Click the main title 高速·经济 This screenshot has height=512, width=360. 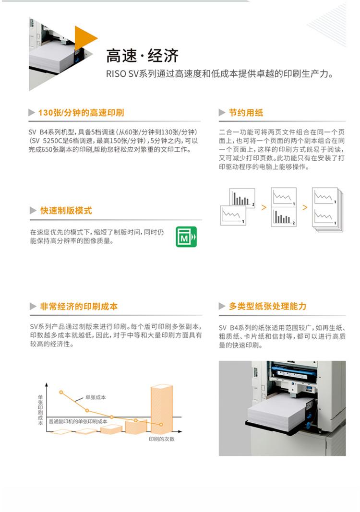click(x=142, y=56)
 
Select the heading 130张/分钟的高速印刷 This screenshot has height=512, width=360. click(x=81, y=113)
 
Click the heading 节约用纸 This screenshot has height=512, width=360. click(x=246, y=113)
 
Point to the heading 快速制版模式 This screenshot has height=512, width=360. click(x=66, y=211)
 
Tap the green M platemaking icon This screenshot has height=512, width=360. click(x=186, y=237)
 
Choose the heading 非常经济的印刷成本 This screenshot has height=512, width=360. click(x=79, y=306)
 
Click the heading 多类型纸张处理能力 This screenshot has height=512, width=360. click(x=267, y=306)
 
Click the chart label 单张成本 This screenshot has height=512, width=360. click(x=96, y=397)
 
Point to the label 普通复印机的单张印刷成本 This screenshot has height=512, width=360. click(x=78, y=422)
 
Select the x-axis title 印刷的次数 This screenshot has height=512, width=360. click(x=162, y=439)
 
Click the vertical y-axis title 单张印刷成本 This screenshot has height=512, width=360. click(x=40, y=409)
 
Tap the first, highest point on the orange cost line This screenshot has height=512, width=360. click(x=61, y=392)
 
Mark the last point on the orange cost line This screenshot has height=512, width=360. click(x=161, y=425)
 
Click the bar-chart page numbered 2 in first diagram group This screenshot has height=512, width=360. click(x=242, y=198)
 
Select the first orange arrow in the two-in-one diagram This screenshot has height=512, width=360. click(x=264, y=207)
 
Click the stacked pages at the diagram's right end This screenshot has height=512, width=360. click(x=327, y=210)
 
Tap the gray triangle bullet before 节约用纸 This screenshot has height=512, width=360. click(x=222, y=113)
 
